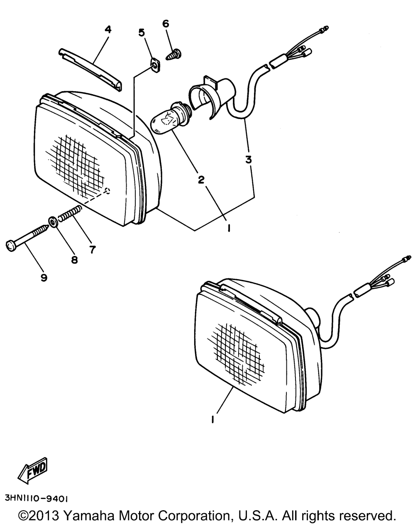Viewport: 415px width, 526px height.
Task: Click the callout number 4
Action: pyautogui.click(x=107, y=29)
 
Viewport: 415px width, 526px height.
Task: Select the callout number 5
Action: pyautogui.click(x=141, y=32)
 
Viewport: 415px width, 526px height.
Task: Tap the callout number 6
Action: pyautogui.click(x=166, y=24)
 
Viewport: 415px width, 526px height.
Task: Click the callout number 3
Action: pyautogui.click(x=248, y=159)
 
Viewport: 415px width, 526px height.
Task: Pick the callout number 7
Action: pyautogui.click(x=92, y=249)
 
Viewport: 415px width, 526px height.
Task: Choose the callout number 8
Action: pyautogui.click(x=74, y=260)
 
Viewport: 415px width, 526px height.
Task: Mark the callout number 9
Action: pyautogui.click(x=44, y=277)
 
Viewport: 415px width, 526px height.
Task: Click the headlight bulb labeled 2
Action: pyautogui.click(x=168, y=120)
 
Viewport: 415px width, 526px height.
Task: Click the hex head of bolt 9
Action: pyautogui.click(x=11, y=245)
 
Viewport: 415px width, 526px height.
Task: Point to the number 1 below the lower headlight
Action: pyautogui.click(x=212, y=420)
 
